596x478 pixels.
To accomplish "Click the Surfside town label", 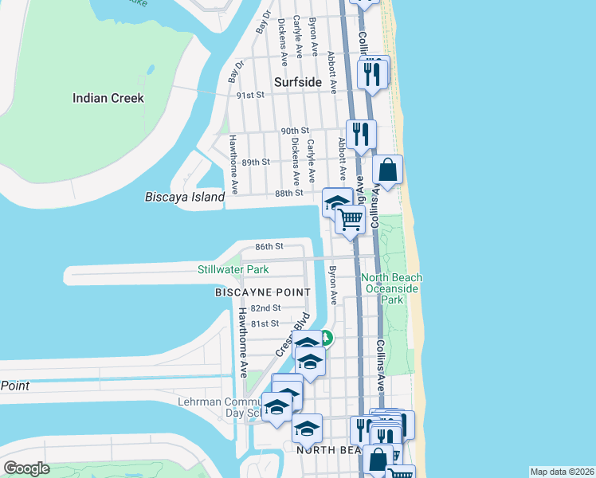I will pos(297,82).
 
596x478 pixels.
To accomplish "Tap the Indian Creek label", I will pos(108,98).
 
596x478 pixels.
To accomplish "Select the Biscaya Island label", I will pos(185,197).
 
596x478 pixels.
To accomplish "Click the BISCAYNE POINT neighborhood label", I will pos(262,292).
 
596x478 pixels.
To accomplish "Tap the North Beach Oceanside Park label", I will pos(392,288).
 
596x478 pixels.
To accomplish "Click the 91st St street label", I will pos(250,95).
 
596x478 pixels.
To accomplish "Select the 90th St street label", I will pos(294,131).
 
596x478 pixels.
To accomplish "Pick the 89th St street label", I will pos(257,162).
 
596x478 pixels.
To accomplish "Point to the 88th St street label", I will pos(289,193).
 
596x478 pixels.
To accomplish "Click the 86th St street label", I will pos(269,247).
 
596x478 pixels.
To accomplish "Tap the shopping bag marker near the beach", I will pos(387,170).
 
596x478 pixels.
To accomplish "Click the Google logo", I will pos(26,468).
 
